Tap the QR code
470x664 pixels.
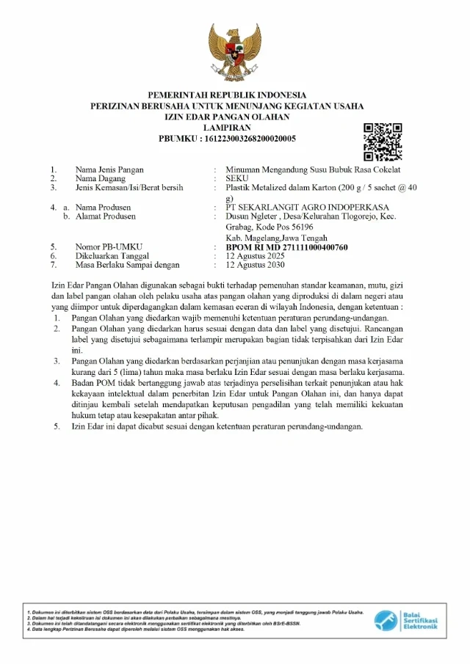(383, 142)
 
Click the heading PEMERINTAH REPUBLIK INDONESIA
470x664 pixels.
(227, 95)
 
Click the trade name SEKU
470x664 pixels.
(237, 178)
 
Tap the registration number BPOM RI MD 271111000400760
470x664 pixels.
(286, 247)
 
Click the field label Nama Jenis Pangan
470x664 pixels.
(109, 169)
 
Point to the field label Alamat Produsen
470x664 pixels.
(106, 216)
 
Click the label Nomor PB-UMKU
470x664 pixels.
(109, 247)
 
